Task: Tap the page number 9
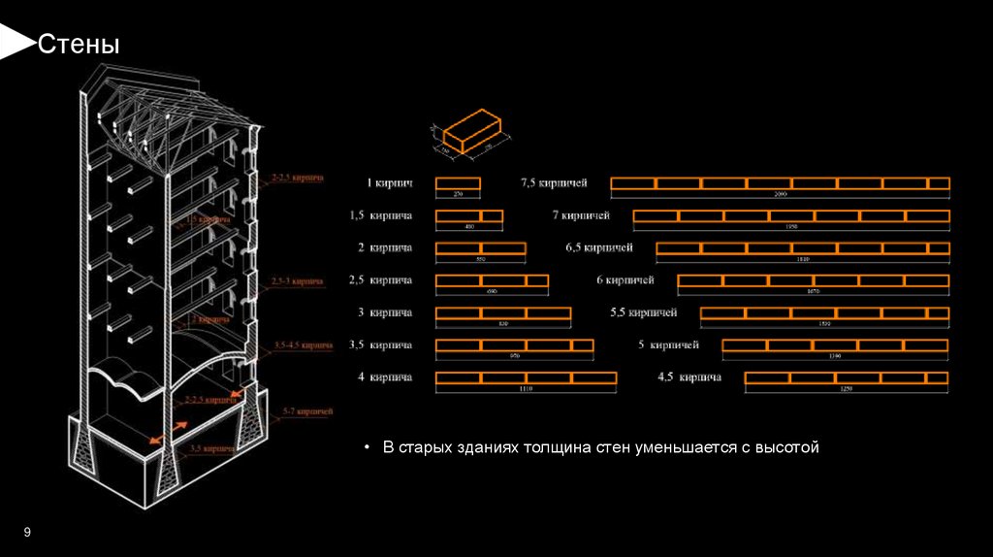point(27,532)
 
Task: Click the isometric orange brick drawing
point(465,134)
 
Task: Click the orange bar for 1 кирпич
point(458,183)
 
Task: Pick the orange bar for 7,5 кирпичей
point(780,183)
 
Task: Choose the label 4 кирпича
point(385,377)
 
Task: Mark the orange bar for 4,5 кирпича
point(846,377)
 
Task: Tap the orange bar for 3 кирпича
point(502,312)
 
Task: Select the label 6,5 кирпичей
point(599,247)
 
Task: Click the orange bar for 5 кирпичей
point(835,344)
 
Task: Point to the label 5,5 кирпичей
point(643,312)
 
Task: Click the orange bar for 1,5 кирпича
point(469,215)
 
